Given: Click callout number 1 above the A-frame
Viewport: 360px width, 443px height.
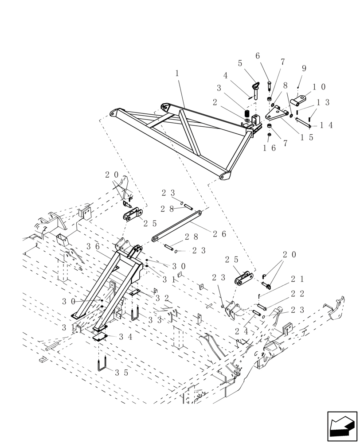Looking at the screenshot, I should point(177,74).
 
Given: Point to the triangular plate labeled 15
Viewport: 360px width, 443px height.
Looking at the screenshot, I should point(276,114).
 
